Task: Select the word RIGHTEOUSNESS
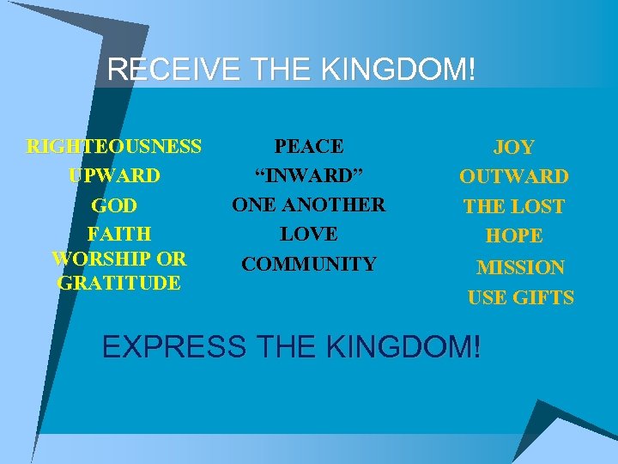click(x=114, y=147)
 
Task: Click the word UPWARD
click(x=114, y=176)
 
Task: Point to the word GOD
click(x=114, y=206)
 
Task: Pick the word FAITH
click(x=119, y=234)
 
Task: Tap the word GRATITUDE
click(x=118, y=282)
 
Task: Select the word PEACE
click(x=309, y=147)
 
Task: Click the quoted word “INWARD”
click(x=309, y=176)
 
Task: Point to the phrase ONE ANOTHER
click(x=309, y=205)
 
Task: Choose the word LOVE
click(x=309, y=234)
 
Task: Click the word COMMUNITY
click(x=309, y=264)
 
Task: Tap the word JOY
click(x=513, y=149)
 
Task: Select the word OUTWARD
click(x=513, y=177)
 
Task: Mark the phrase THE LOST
click(x=513, y=207)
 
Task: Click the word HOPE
click(x=513, y=235)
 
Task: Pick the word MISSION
click(x=520, y=268)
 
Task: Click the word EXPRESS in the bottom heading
click(x=172, y=346)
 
